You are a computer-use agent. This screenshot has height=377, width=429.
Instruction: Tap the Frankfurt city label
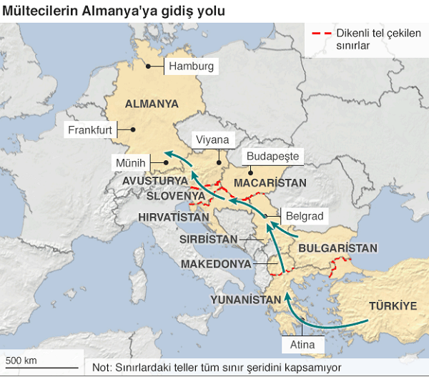(90, 130)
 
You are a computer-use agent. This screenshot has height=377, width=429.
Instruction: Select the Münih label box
(130, 164)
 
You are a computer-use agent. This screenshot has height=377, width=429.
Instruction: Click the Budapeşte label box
(272, 156)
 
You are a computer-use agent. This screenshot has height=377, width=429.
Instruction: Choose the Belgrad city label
(304, 215)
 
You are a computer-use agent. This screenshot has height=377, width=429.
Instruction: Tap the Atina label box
(303, 344)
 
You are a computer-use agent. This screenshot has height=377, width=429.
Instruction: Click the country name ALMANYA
(152, 104)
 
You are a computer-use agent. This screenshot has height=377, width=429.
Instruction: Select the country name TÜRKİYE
(393, 305)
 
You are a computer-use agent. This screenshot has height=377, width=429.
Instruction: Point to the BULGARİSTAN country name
(337, 248)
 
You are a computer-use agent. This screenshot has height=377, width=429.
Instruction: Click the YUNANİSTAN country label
(245, 298)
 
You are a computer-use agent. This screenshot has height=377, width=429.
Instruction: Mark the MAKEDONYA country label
(216, 264)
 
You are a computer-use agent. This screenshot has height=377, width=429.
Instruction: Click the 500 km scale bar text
(21, 359)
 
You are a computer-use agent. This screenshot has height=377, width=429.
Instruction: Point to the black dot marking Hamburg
(149, 67)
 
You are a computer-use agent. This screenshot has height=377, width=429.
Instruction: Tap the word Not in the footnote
(102, 368)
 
